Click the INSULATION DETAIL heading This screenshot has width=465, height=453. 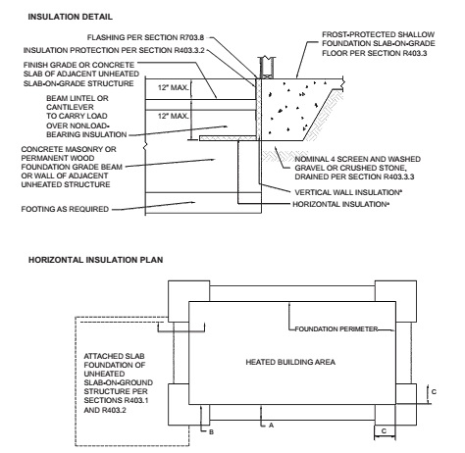(x=70, y=17)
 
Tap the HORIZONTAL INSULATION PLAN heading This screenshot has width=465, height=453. (x=95, y=260)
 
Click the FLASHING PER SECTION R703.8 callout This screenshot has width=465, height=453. (x=145, y=37)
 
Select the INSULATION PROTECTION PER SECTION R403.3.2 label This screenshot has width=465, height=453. (x=114, y=50)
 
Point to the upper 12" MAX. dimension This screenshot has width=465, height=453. (x=174, y=87)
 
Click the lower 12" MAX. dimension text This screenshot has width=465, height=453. (x=174, y=116)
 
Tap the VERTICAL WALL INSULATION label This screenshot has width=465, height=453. (x=347, y=192)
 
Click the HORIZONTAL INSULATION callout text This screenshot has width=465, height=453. (x=340, y=204)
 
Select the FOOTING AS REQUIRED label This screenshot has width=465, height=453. (x=65, y=209)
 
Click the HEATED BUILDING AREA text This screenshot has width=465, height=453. (x=290, y=362)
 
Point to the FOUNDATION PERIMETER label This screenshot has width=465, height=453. (x=336, y=328)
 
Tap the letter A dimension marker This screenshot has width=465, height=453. (x=271, y=426)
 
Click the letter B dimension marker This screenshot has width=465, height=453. (x=211, y=432)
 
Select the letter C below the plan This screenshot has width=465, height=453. (x=384, y=431)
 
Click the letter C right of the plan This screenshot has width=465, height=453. (x=434, y=391)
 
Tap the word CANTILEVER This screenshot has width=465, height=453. (x=70, y=107)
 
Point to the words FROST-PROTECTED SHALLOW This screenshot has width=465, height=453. (x=379, y=34)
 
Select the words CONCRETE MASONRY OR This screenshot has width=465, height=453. (x=69, y=149)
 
